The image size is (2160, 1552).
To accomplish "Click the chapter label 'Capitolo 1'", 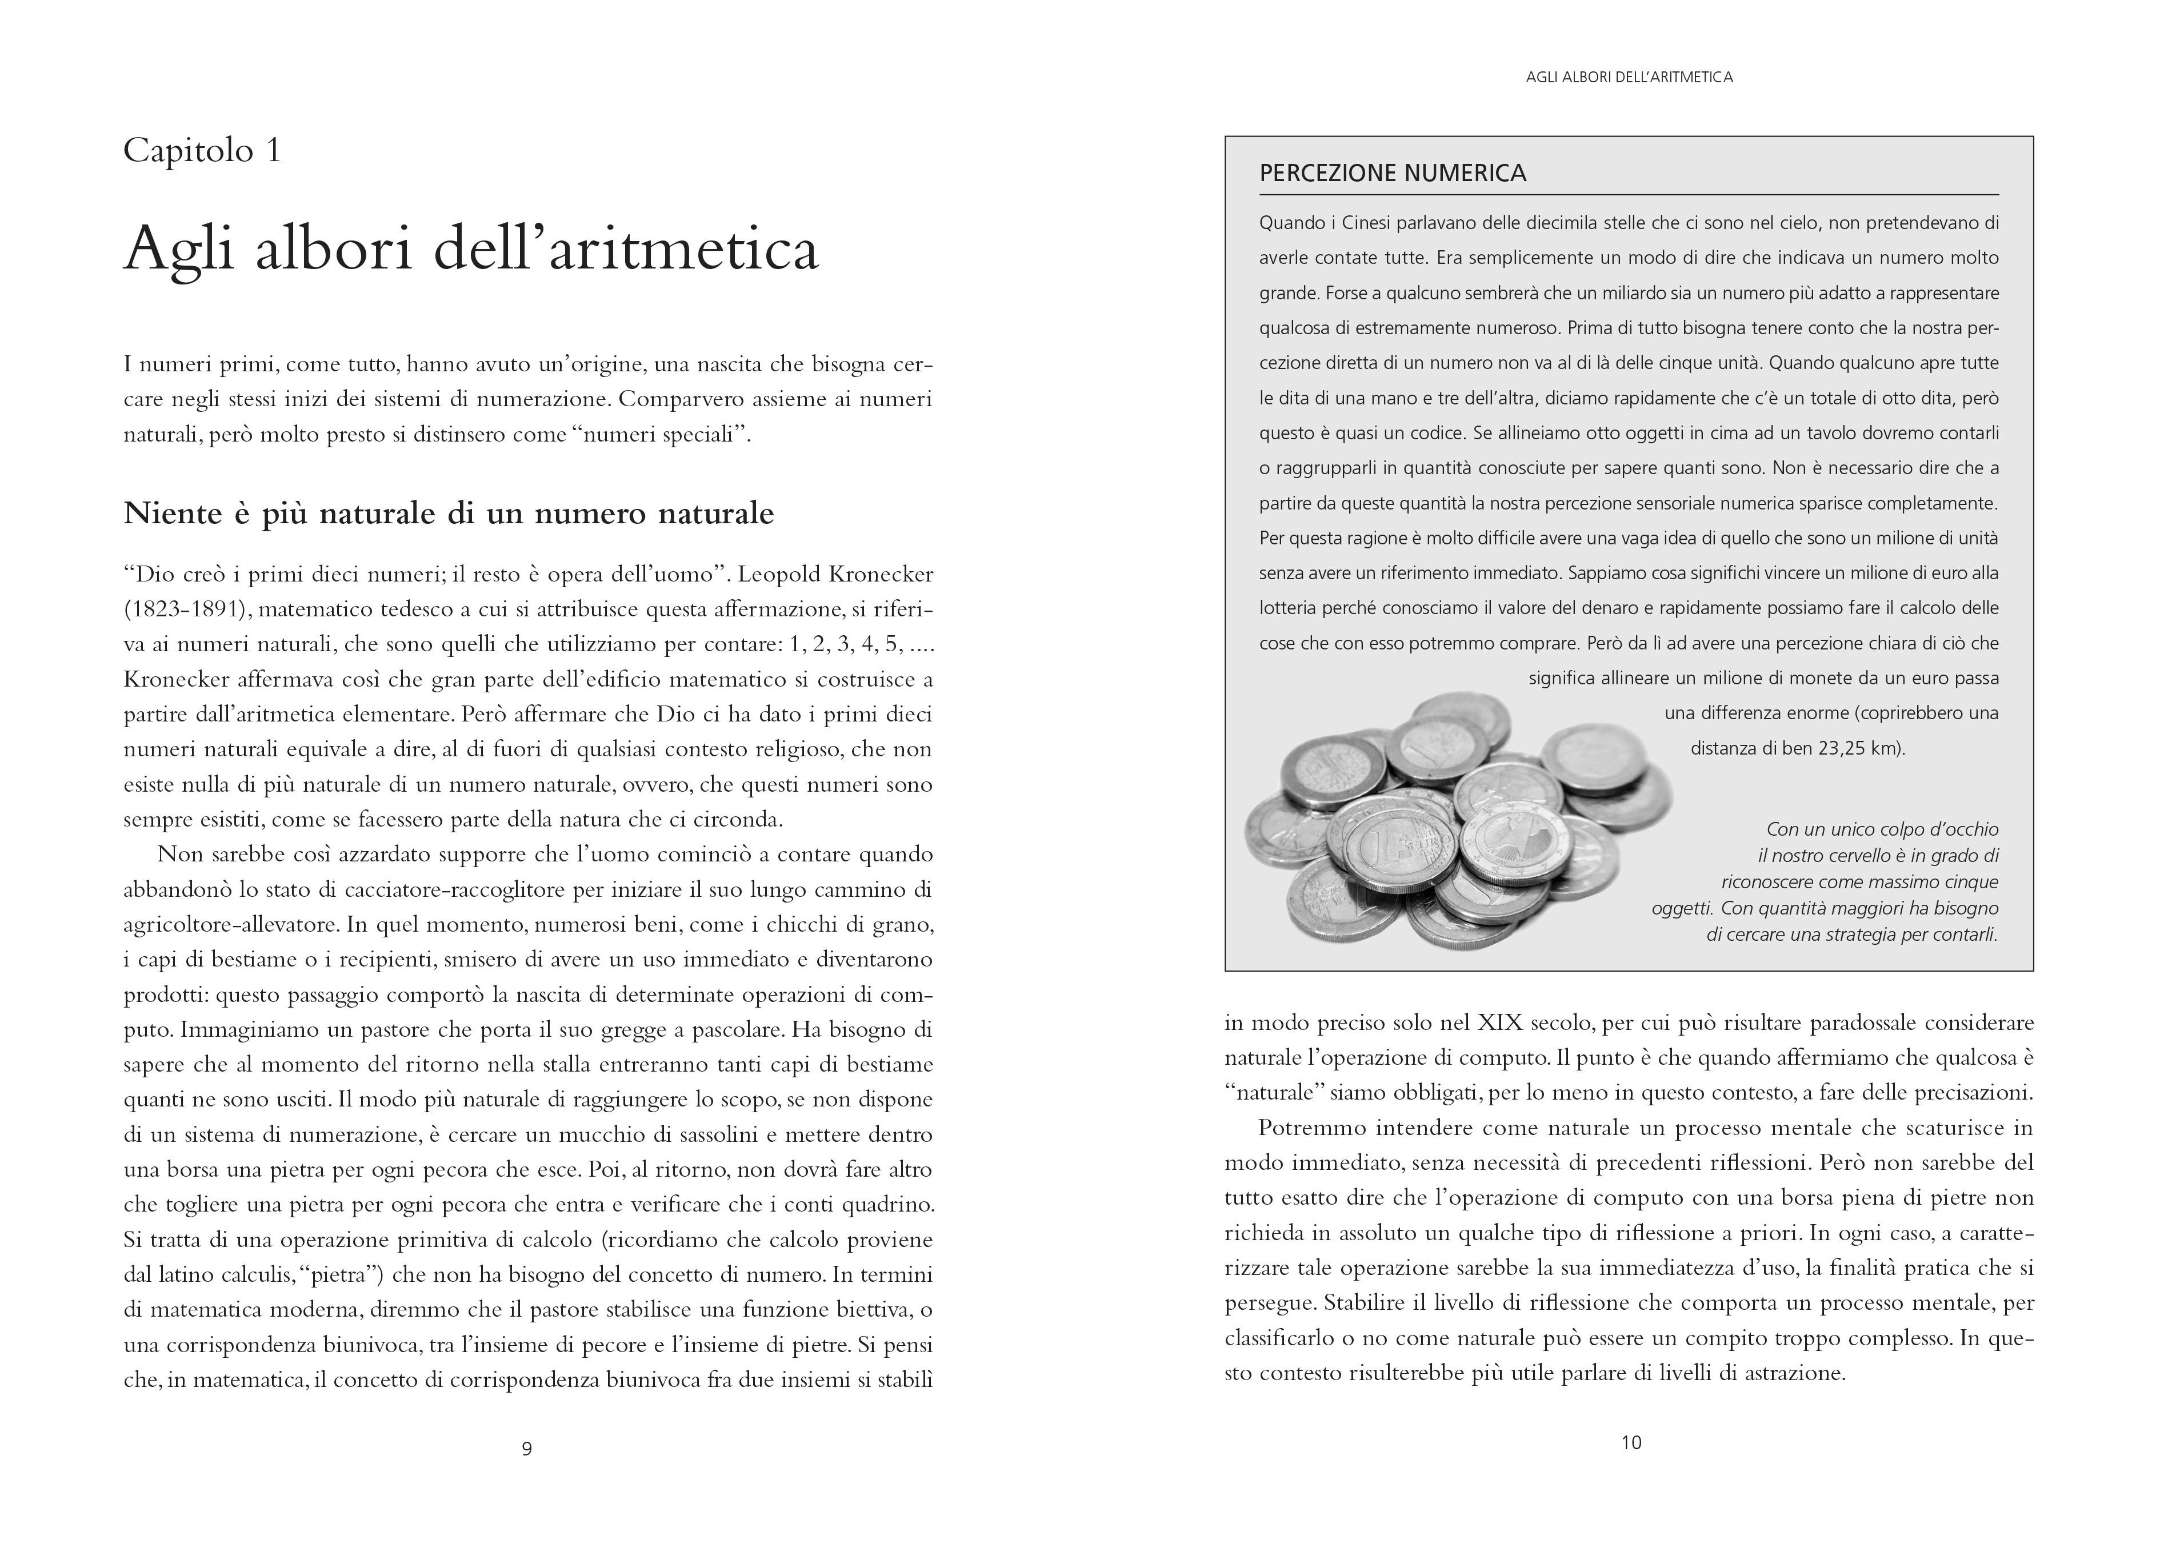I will [202, 151].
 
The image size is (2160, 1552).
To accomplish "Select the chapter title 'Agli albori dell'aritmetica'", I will [470, 250].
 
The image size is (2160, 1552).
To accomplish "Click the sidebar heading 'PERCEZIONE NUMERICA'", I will [1393, 173].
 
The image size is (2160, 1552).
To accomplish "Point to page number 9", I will [527, 1448].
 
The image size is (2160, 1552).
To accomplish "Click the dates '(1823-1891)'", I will [181, 609].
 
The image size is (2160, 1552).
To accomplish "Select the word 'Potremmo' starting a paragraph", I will [1311, 1128].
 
